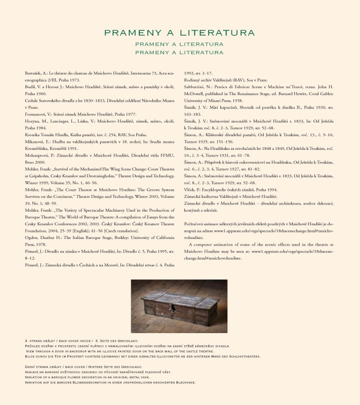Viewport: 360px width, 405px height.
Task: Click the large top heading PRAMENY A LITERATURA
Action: point(179,33)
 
